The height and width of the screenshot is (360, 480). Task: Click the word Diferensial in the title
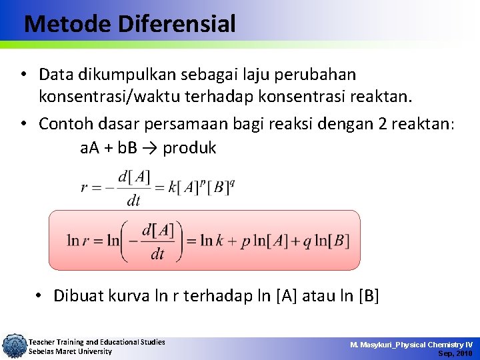[177, 25]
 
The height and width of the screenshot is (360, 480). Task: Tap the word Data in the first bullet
[56, 74]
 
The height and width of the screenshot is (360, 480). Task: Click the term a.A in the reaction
[89, 148]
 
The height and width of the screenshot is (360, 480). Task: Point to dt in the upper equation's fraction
[133, 200]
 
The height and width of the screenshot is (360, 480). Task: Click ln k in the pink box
[215, 241]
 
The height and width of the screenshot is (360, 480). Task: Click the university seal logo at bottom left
[13, 346]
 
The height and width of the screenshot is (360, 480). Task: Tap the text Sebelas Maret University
[70, 351]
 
